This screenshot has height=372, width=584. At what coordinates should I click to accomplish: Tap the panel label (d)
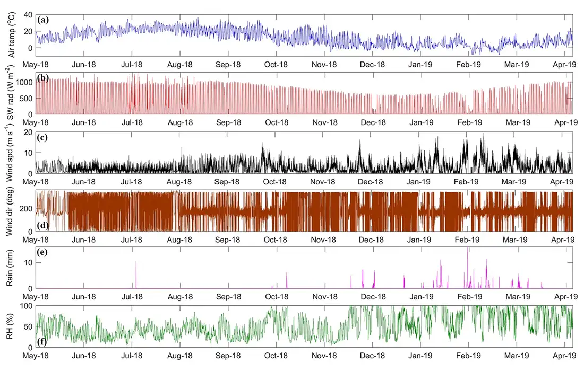coord(43,226)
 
